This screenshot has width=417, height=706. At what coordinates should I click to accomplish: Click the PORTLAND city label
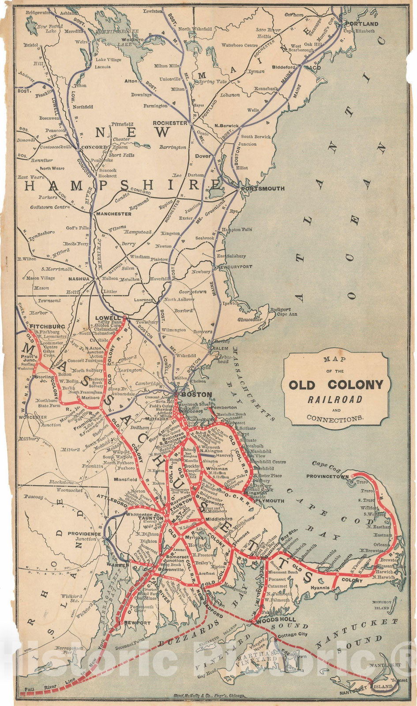(362, 23)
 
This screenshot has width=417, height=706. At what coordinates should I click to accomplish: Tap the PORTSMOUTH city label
(262, 188)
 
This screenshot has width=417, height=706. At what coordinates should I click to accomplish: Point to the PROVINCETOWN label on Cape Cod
(328, 476)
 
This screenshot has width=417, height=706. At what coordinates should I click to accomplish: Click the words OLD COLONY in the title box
(336, 385)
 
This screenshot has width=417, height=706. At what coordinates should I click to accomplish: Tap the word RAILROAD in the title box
(336, 400)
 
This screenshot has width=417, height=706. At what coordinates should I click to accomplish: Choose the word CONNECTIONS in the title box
(335, 418)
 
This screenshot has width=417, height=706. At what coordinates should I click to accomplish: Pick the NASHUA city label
(79, 279)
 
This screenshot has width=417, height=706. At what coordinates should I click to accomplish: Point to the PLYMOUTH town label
(270, 501)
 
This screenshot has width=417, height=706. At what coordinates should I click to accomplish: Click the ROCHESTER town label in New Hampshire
(170, 123)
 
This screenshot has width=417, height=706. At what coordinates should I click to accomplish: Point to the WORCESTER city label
(33, 417)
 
